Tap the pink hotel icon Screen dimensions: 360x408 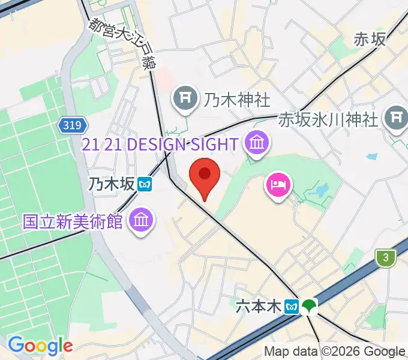(278, 184)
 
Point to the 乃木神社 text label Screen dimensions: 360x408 (236, 98)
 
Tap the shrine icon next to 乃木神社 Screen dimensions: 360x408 (186, 98)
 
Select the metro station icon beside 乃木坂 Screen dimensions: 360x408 (144, 184)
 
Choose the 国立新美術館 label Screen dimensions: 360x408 (73, 221)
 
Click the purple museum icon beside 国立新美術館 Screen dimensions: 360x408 (141, 220)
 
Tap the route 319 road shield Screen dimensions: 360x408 (73, 125)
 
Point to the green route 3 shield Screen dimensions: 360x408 (386, 258)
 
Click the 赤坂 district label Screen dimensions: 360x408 (369, 39)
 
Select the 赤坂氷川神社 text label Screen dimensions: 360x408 (329, 119)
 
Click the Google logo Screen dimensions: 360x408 (40, 346)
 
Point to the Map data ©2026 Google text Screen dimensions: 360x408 (335, 352)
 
